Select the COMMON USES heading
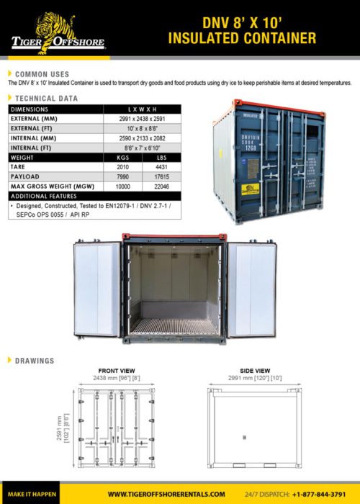42,74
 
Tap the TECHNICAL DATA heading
45,97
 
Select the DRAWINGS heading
35,360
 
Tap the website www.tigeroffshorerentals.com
166,494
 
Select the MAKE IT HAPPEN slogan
28,494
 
